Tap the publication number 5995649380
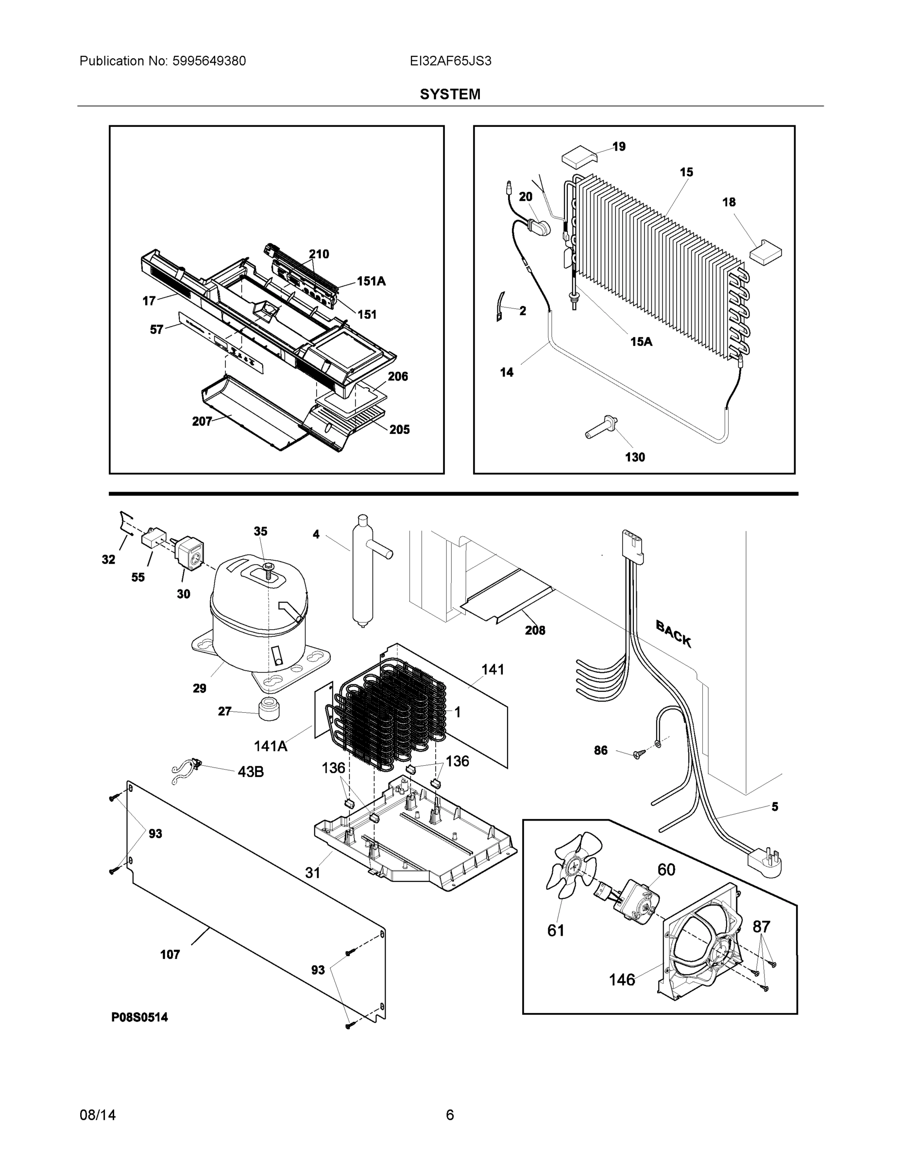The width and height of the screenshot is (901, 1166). click(x=209, y=61)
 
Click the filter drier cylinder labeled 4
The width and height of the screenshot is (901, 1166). click(x=362, y=571)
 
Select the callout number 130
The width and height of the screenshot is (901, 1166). click(x=635, y=457)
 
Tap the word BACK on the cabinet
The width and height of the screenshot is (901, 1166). click(x=673, y=634)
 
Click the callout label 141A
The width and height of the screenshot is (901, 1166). click(x=270, y=746)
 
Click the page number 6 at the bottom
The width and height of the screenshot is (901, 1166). click(x=450, y=1115)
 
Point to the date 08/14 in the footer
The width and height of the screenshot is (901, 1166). click(x=98, y=1115)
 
